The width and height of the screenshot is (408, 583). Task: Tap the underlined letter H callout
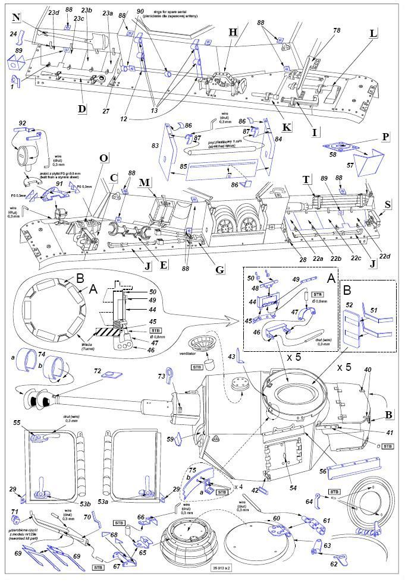[233, 31]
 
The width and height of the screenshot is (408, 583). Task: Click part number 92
[23, 123]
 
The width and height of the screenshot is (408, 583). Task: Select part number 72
[97, 370]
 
